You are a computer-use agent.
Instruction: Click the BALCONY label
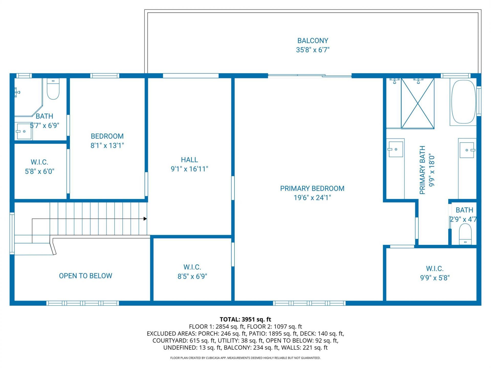tap(313, 41)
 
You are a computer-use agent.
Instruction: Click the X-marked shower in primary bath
tap(417, 103)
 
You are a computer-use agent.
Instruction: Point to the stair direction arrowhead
tap(145, 219)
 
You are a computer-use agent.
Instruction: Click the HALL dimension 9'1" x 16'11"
tap(189, 169)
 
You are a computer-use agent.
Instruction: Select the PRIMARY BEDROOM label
tap(312, 189)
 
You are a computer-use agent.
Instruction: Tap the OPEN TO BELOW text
tap(85, 276)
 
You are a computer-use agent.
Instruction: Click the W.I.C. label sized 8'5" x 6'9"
tap(192, 267)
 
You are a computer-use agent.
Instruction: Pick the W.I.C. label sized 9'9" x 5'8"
tap(435, 269)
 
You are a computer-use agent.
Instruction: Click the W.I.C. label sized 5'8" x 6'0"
tap(39, 162)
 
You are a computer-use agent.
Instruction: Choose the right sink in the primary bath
tap(467, 150)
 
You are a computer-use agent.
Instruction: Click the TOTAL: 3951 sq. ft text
tap(245, 319)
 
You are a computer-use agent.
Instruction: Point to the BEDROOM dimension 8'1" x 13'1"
tap(107, 145)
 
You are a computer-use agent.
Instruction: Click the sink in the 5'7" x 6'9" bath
tap(24, 131)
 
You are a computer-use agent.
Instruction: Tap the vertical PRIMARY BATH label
tap(422, 170)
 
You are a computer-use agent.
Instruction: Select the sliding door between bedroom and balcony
tap(309, 75)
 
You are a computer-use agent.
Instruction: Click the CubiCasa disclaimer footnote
tap(245, 358)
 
